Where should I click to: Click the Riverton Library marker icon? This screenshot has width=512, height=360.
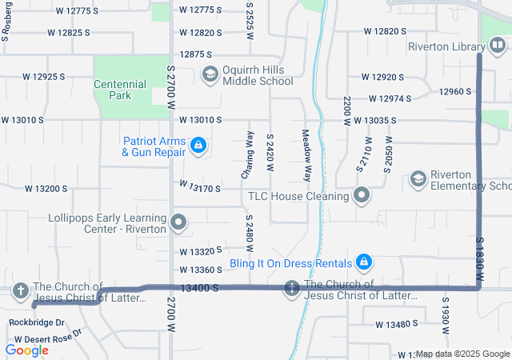click(x=498, y=46)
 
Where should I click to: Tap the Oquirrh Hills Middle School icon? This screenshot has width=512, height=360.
click(x=210, y=75)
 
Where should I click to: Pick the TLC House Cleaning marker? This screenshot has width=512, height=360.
click(x=362, y=195)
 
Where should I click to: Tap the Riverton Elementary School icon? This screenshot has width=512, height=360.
click(x=418, y=179)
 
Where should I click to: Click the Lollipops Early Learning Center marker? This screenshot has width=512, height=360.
click(x=178, y=222)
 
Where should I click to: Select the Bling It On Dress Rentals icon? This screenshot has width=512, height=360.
click(x=364, y=262)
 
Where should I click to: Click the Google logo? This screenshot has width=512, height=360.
click(x=26, y=350)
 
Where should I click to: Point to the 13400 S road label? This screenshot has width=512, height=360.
click(x=199, y=287)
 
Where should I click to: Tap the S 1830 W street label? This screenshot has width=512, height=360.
click(x=480, y=258)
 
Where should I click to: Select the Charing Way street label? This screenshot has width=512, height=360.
click(x=248, y=154)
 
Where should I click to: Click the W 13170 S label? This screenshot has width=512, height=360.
click(x=200, y=188)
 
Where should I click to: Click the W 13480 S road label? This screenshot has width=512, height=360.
click(x=397, y=324)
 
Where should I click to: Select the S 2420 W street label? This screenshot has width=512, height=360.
click(x=270, y=154)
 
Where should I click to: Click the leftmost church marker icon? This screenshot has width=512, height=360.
click(x=20, y=291)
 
